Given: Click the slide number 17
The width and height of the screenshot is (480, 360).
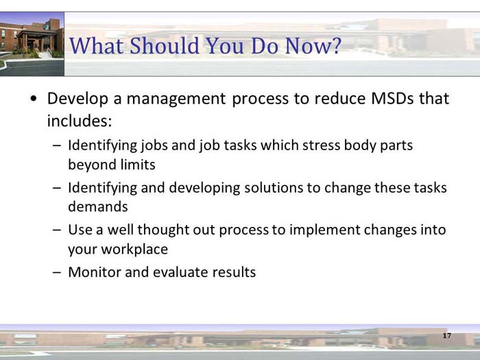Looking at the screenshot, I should pyautogui.click(x=446, y=335).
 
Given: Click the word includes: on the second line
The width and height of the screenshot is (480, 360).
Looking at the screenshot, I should pyautogui.click(x=79, y=121).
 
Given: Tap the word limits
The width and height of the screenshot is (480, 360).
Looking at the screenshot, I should pyautogui.click(x=136, y=165).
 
